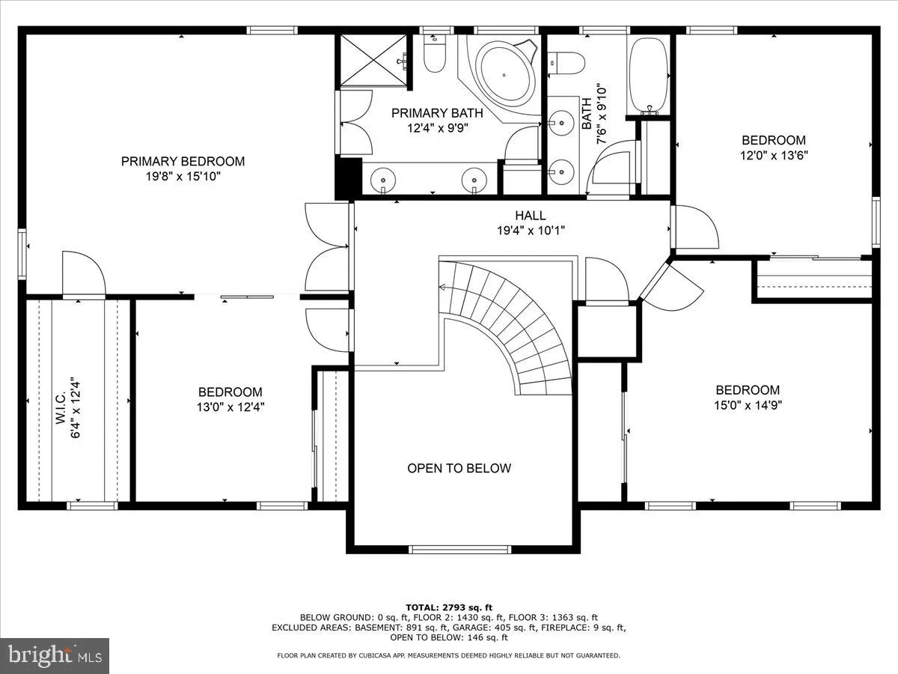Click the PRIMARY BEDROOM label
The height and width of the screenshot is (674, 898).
(183, 161)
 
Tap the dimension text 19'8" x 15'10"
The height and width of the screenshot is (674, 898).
(183, 177)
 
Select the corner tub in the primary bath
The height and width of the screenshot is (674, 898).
(504, 74)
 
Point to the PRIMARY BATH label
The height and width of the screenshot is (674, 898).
(437, 113)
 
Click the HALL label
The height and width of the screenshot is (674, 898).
(531, 216)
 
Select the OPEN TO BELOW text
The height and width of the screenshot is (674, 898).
(459, 468)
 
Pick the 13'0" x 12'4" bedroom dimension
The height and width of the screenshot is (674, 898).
(230, 407)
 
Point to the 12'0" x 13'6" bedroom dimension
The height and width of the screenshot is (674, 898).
(774, 156)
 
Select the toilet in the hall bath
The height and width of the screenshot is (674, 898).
(566, 63)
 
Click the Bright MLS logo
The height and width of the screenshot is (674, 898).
(55, 655)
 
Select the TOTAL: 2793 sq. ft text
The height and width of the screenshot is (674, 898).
(449, 607)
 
